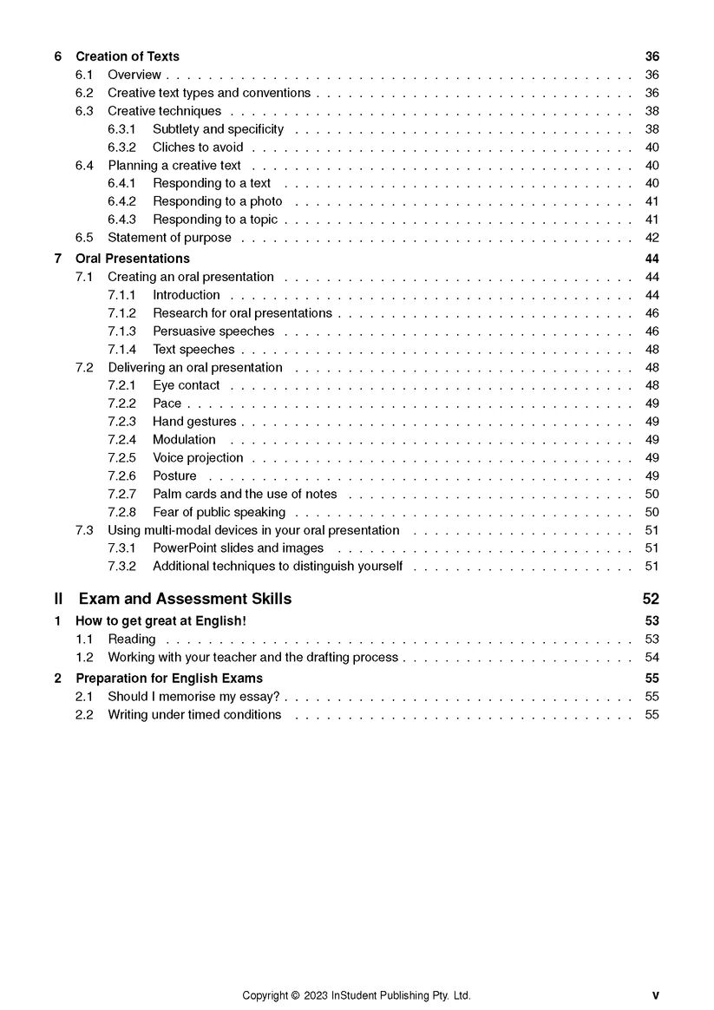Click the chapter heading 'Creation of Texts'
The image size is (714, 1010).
pyautogui.click(x=128, y=56)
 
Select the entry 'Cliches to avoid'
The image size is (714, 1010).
pyautogui.click(x=198, y=148)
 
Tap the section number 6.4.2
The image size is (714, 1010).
pyautogui.click(x=121, y=201)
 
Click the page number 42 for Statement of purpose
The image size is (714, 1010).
pyautogui.click(x=652, y=238)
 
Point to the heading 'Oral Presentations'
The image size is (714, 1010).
pyautogui.click(x=132, y=259)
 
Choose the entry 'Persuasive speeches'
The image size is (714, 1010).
pyautogui.click(x=213, y=331)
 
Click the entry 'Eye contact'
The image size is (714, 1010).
pyautogui.click(x=186, y=385)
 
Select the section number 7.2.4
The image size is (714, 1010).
pyautogui.click(x=121, y=440)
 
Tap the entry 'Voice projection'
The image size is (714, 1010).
pyautogui.click(x=198, y=458)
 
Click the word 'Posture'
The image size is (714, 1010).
pyautogui.click(x=174, y=476)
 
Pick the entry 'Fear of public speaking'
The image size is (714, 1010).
pyautogui.click(x=219, y=513)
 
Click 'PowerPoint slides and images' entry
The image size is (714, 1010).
pyautogui.click(x=238, y=548)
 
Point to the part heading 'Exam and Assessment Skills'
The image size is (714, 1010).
pyautogui.click(x=185, y=599)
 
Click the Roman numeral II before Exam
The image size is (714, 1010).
pyautogui.click(x=58, y=599)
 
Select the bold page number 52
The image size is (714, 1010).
pyautogui.click(x=651, y=599)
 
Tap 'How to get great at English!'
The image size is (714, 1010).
pyautogui.click(x=160, y=620)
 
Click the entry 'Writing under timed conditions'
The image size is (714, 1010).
pyautogui.click(x=194, y=715)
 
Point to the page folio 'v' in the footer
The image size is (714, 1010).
pyautogui.click(x=655, y=996)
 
